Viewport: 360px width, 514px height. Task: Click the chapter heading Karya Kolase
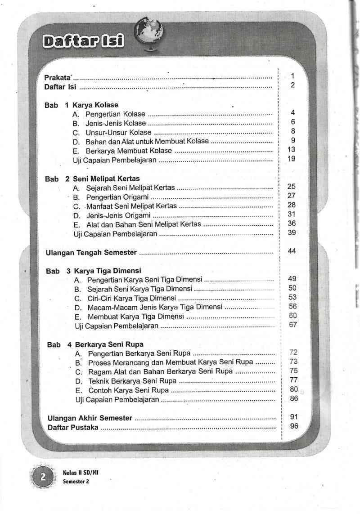click(95, 105)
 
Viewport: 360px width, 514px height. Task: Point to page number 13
click(291, 149)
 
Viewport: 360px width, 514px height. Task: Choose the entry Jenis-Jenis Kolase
click(116, 123)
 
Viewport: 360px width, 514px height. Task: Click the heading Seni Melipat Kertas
click(106, 179)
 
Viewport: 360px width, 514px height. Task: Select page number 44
click(292, 251)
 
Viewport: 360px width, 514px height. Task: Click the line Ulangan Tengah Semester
click(91, 253)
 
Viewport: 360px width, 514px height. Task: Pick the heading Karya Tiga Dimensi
click(108, 271)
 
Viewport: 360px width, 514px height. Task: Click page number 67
click(293, 325)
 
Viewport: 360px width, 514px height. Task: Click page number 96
click(294, 426)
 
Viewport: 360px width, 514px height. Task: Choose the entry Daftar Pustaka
click(73, 427)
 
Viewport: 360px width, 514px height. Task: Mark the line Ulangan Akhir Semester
click(90, 418)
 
